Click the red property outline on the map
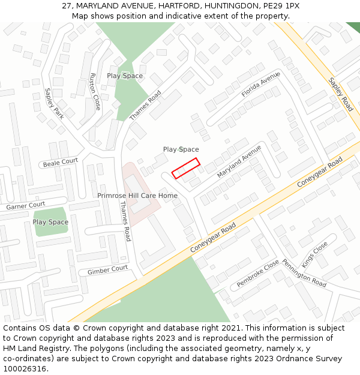click(185, 168)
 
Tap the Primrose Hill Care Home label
click(137, 196)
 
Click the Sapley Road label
click(340, 94)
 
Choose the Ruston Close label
click(94, 92)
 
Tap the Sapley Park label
click(54, 104)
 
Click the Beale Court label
click(61, 162)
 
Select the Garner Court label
click(26, 206)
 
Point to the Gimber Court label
click(108, 270)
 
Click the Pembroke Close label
click(257, 273)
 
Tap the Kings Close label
click(314, 254)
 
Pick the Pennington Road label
click(304, 273)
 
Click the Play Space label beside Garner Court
click(50, 222)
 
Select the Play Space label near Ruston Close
click(125, 76)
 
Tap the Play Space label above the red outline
click(181, 149)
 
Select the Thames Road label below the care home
click(125, 221)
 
